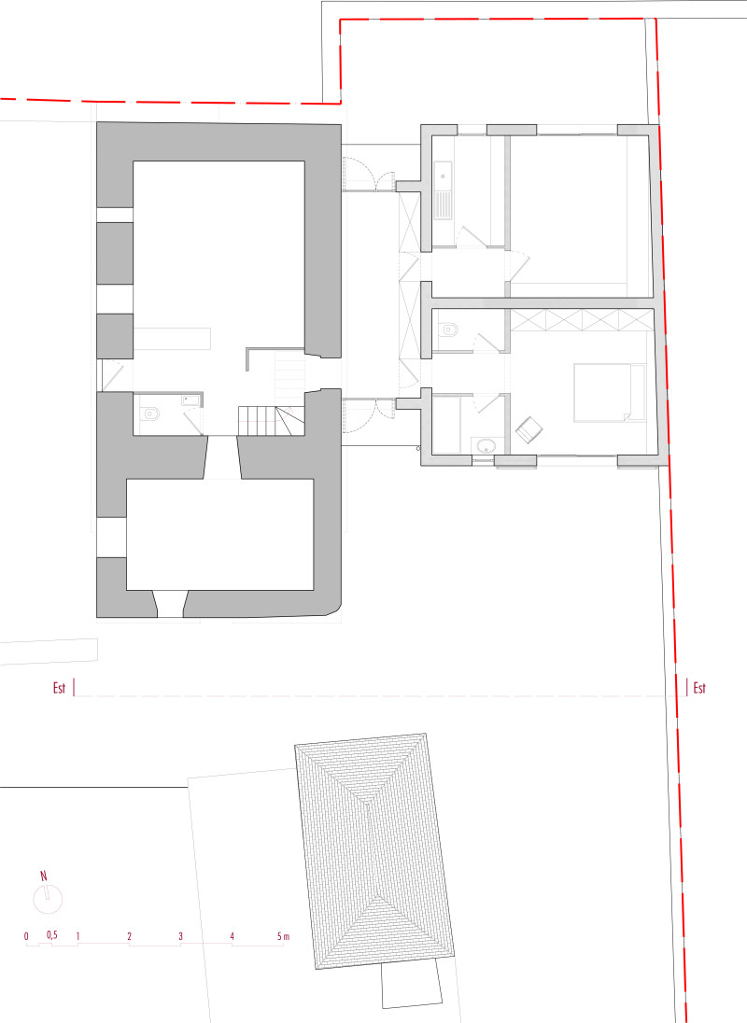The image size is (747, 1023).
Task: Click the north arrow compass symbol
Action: [x=48, y=899]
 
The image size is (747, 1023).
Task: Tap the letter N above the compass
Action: [x=44, y=876]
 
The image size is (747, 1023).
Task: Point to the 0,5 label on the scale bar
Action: [x=52, y=935]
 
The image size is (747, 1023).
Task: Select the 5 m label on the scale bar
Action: [x=283, y=936]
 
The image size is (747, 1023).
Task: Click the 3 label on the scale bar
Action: [x=181, y=936]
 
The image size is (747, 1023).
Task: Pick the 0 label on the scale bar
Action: [x=27, y=936]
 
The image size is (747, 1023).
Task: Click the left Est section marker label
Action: [x=60, y=688]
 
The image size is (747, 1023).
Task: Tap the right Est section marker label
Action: [x=699, y=688]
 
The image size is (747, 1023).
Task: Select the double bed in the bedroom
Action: [x=610, y=392]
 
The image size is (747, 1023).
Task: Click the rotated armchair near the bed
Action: [x=529, y=430]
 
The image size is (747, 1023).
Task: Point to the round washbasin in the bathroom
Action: [x=486, y=446]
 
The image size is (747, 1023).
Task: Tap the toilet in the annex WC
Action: [x=450, y=329]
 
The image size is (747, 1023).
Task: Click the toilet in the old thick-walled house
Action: [x=150, y=413]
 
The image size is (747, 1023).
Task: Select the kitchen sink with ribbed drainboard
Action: [x=443, y=190]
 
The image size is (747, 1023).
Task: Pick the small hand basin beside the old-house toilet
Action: [x=190, y=399]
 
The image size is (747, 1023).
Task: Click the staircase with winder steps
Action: [x=271, y=420]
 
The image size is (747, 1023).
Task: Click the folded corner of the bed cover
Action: [x=626, y=415]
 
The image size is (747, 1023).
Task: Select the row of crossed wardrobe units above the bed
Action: [x=582, y=319]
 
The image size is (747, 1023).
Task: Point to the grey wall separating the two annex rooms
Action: [x=541, y=303]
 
